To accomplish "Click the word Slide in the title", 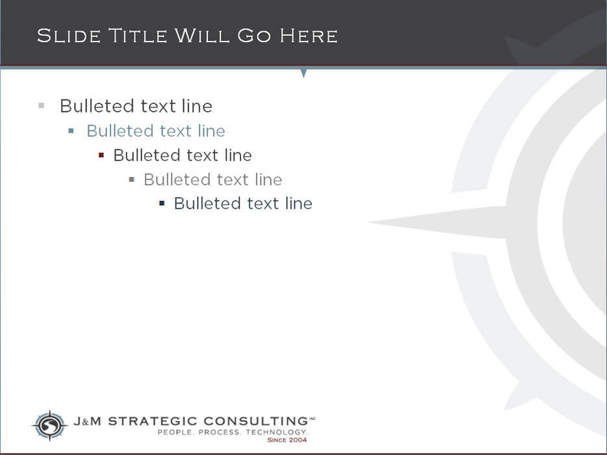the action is pos(69,36).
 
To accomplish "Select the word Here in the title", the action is pos(309,36).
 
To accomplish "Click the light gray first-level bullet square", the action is pos(42,106).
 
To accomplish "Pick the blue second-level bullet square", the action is pos(71,131).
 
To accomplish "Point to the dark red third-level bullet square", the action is pos(101,155).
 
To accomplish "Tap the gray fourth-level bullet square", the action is pos(132,179).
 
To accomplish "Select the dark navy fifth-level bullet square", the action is pos(162,203).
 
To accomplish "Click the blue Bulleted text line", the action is pos(155,131).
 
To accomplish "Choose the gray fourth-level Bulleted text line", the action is pos(213,179).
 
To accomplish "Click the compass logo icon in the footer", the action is pos(49,425).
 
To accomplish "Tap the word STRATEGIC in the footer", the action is pos(153,421).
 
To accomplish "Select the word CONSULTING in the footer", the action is pos(255,421).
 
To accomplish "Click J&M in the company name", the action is pos(87,421).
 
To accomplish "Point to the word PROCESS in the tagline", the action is pos(220,432).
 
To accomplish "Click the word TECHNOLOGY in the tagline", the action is pos(277,432).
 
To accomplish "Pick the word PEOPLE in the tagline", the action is pos(175,432).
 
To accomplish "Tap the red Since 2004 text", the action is pos(287,440).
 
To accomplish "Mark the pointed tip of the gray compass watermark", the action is pos(369,222).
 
